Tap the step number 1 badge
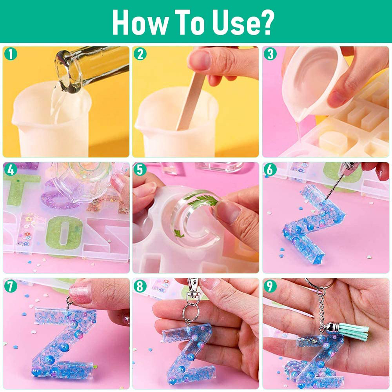(11, 54)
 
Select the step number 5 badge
(140, 170)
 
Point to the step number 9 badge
(270, 286)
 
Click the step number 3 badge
(270, 54)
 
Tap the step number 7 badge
(11, 286)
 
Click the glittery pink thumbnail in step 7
(80, 294)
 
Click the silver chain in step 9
(321, 310)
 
